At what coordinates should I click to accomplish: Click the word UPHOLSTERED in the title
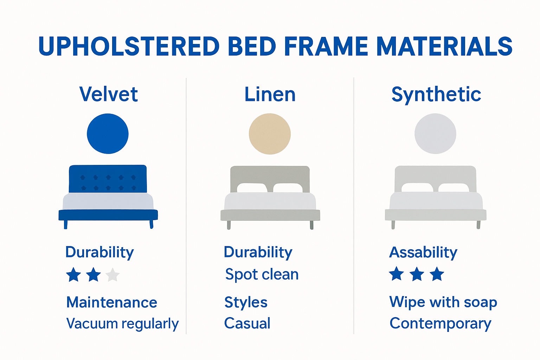coord(129,46)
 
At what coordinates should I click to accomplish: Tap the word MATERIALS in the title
coord(444,46)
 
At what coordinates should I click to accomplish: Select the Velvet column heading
coord(109,94)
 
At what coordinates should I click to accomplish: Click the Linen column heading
coord(270,94)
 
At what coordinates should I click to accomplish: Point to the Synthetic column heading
coord(436,94)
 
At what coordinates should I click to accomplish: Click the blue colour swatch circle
coord(108,134)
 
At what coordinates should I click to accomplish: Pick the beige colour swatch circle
coord(270,134)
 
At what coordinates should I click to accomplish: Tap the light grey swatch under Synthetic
coord(435,134)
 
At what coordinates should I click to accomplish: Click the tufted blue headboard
coord(108,179)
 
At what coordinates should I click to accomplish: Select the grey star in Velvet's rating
coord(112,275)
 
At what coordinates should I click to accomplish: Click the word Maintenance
coord(112,302)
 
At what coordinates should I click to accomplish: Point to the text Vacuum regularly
coord(122,323)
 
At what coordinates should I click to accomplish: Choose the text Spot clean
coord(262,274)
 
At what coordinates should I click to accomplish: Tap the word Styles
coord(246,302)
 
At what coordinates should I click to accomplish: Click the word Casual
coord(247,323)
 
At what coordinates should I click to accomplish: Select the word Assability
coord(423,252)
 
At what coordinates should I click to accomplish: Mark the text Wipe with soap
coord(443,302)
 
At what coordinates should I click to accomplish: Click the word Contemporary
coord(440,323)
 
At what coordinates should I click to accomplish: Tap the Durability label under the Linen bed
coord(258,252)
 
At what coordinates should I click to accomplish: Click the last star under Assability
coord(437,274)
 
